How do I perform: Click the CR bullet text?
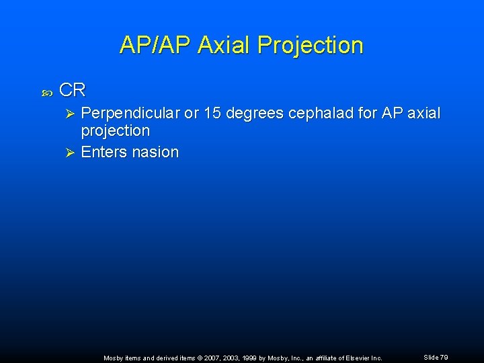pos(72,91)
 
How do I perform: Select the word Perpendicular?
pos(130,114)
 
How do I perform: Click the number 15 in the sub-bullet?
pos(212,114)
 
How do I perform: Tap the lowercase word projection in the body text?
pos(115,130)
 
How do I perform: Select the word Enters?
pos(104,153)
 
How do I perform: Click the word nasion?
pos(155,153)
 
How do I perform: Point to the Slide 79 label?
pos(436,357)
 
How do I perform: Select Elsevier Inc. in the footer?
pos(364,358)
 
